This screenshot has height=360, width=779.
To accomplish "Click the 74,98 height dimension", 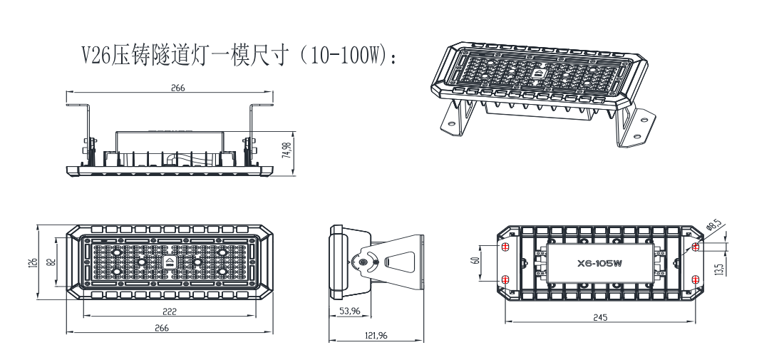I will click(287, 155).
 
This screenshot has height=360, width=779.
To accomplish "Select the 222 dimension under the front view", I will click(170, 311).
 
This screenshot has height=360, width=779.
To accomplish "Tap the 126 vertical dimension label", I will click(33, 262).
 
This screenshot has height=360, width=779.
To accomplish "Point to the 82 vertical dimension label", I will click(50, 262).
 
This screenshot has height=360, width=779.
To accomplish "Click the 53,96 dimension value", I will click(349, 311).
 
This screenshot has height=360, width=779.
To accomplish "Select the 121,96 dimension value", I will click(376, 335).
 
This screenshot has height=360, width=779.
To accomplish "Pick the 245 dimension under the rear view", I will click(599, 317).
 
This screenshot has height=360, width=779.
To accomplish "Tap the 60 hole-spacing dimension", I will click(475, 262).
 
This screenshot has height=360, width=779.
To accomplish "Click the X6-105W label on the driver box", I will click(600, 263).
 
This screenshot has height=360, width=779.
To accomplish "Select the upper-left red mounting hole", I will click(505, 247).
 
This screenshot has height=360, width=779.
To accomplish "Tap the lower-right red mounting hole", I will click(696, 279).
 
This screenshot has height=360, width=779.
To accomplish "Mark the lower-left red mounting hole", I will click(505, 279).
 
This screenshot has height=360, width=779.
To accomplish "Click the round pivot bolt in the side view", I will click(364, 263).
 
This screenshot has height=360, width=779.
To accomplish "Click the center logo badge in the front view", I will click(170, 262).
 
